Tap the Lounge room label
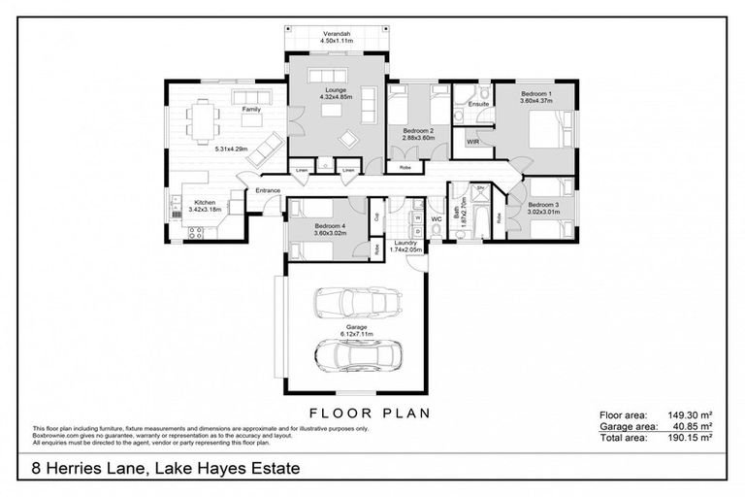(x=336, y=90)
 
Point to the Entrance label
(x=268, y=191)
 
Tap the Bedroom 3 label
(x=544, y=205)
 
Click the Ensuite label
(x=477, y=104)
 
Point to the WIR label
(x=473, y=142)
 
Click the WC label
(x=436, y=218)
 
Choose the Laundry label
(x=406, y=243)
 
